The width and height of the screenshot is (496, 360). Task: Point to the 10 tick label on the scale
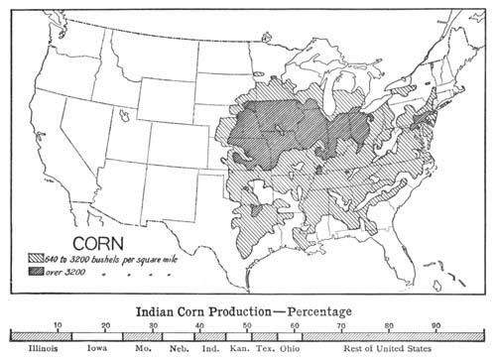coord(58,326)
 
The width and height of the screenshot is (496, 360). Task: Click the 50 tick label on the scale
coord(247,326)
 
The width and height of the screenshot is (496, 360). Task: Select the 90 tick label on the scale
coord(435,326)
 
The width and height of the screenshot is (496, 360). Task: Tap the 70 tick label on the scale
coord(341,326)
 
